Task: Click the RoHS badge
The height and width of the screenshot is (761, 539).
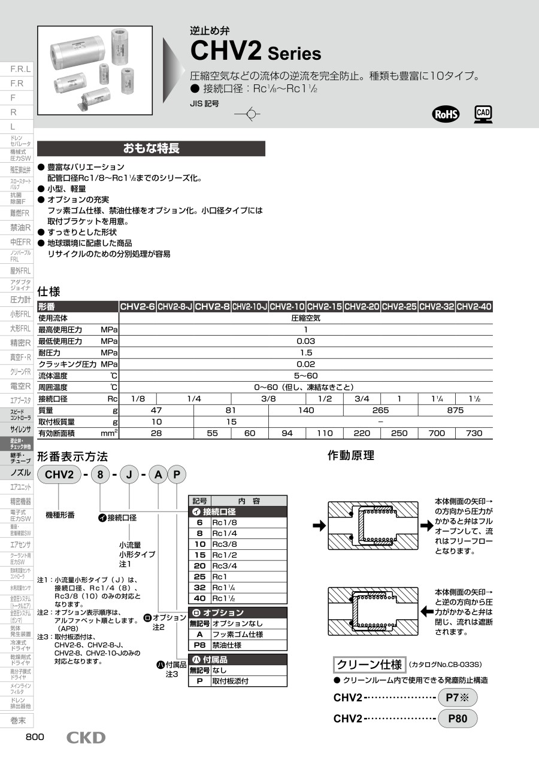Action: pyautogui.click(x=446, y=114)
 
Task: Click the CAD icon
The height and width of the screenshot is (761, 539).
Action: pyautogui.click(x=483, y=114)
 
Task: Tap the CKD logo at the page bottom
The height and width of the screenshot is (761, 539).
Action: pyautogui.click(x=86, y=738)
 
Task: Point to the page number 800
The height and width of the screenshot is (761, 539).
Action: pyautogui.click(x=35, y=737)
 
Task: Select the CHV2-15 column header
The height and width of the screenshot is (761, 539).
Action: pyautogui.click(x=325, y=307)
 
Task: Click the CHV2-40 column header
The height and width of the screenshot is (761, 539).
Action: pyautogui.click(x=474, y=307)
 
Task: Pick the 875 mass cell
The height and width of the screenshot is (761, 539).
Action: pyautogui.click(x=455, y=410)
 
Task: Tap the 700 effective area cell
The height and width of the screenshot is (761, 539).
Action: pyautogui.click(x=437, y=433)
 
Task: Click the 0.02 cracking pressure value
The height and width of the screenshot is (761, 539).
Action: pyautogui.click(x=305, y=364)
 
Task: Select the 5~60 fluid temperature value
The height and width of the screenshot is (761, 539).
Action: pyautogui.click(x=305, y=376)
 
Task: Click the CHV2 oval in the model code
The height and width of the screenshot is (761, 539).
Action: pyautogui.click(x=59, y=475)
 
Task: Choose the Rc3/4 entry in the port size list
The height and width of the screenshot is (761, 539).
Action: pyautogui.click(x=226, y=565)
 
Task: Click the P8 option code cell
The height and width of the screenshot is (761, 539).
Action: pyautogui.click(x=199, y=645)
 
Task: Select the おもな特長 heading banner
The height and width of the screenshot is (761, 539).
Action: pyautogui.click(x=151, y=148)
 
